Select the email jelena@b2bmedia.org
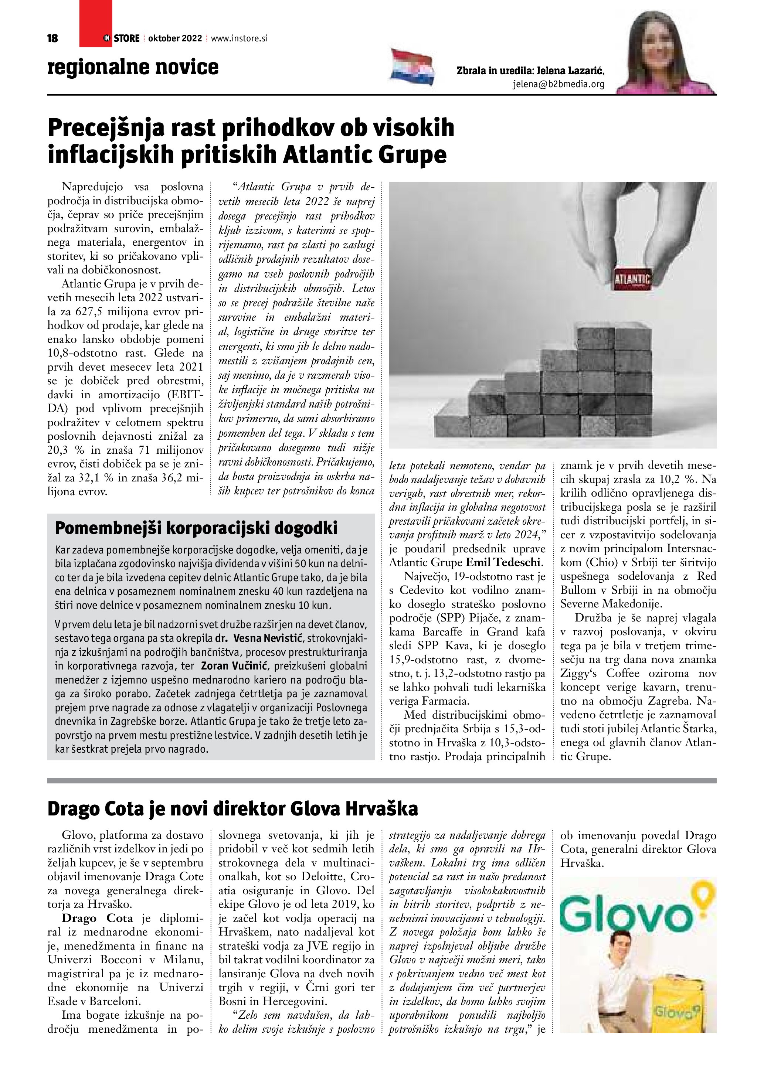click(x=558, y=85)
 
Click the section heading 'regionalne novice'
click(x=133, y=67)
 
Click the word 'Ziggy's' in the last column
click(x=579, y=674)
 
